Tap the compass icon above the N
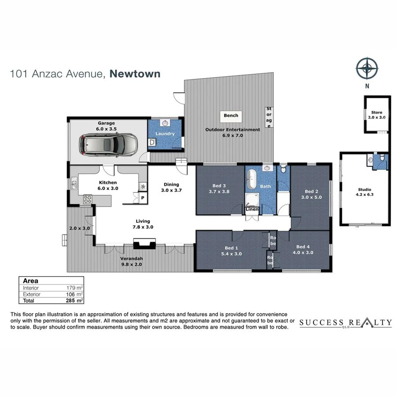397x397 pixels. pyautogui.click(x=367, y=68)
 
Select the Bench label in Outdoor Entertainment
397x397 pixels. pyautogui.click(x=231, y=116)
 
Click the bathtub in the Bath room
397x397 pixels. pyautogui.click(x=252, y=178)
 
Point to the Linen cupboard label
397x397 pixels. pyautogui.click(x=252, y=209)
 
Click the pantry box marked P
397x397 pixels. pyautogui.click(x=142, y=198)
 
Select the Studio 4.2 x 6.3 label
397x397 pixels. pyautogui.click(x=364, y=192)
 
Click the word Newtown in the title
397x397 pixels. pyautogui.click(x=135, y=74)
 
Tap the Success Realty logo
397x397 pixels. pyautogui.click(x=345, y=323)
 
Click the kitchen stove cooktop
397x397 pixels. pyautogui.click(x=86, y=199)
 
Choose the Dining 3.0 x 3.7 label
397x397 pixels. pyautogui.click(x=171, y=187)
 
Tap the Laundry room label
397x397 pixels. pyautogui.click(x=165, y=134)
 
